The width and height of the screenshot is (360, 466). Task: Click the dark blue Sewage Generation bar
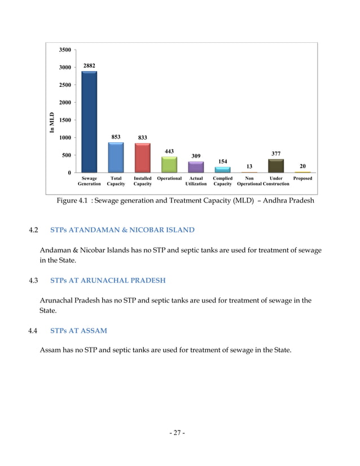coord(89,121)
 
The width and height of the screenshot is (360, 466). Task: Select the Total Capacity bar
coord(116,157)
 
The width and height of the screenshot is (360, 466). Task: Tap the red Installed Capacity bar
coord(142,158)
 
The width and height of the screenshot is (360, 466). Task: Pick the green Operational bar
coord(169,165)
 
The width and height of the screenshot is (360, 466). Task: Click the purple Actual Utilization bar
coord(196,167)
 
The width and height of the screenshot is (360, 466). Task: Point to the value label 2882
coord(90,65)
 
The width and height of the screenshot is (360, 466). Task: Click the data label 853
coord(116,137)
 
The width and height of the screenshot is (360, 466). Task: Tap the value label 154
coord(223,161)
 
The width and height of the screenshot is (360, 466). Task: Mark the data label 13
coord(249,166)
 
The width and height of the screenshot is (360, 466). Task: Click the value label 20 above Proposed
coord(302,166)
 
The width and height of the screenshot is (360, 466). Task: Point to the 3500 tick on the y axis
coord(65,50)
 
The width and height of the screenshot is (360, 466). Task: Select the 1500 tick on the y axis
coord(65,120)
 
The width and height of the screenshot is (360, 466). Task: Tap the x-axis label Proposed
coord(302,178)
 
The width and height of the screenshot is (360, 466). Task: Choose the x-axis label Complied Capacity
coord(223,181)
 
